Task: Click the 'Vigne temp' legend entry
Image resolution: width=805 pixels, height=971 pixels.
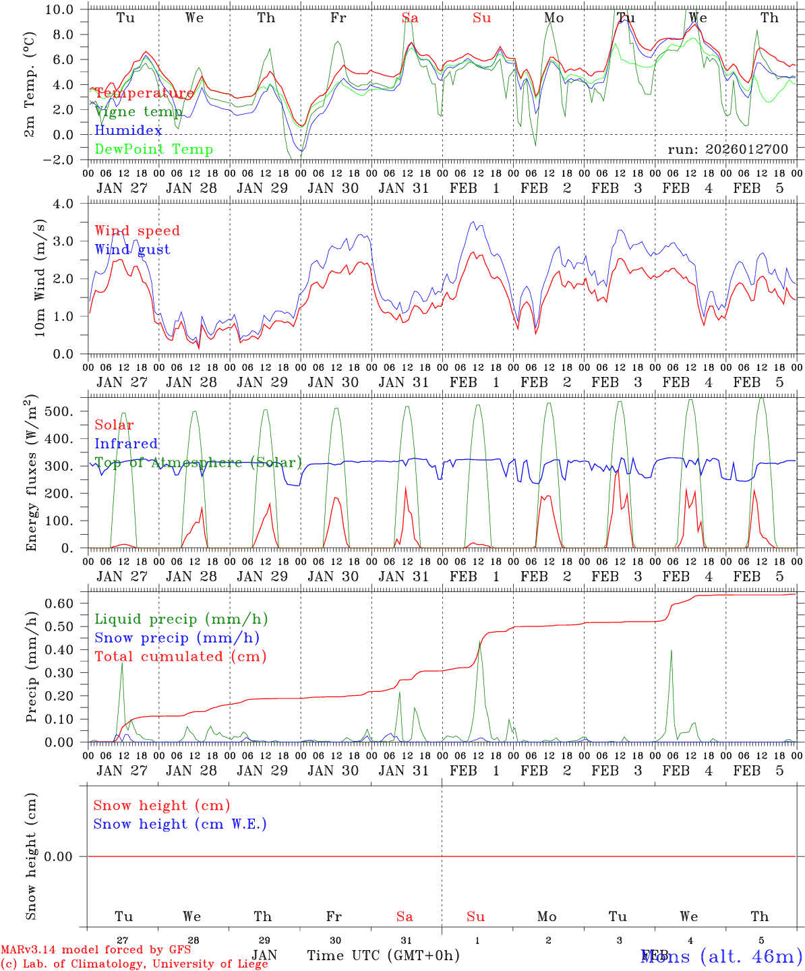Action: click(138, 112)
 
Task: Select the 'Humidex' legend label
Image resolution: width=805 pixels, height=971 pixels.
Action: click(128, 130)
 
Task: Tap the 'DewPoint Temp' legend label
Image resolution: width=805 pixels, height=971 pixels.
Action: click(154, 149)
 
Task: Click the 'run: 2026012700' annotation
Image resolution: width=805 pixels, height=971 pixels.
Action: click(727, 149)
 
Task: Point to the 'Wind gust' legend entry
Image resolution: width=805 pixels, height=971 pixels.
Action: click(132, 249)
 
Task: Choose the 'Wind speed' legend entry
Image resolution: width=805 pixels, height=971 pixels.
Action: click(137, 231)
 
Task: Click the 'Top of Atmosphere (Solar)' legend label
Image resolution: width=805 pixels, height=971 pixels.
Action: click(198, 463)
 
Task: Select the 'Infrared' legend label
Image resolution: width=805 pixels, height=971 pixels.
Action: click(126, 444)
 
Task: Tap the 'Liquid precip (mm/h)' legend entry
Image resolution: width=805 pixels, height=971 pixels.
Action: click(181, 619)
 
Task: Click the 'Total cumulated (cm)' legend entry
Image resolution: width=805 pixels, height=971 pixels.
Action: click(180, 656)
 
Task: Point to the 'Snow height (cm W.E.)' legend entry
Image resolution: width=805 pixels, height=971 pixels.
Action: click(180, 824)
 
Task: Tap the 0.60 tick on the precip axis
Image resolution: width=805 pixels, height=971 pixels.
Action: click(63, 604)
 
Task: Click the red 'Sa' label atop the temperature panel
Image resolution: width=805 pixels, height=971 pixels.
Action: click(409, 18)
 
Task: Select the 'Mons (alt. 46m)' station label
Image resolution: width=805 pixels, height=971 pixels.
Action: click(721, 955)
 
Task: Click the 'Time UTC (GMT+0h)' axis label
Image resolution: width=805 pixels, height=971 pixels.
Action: click(383, 955)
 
